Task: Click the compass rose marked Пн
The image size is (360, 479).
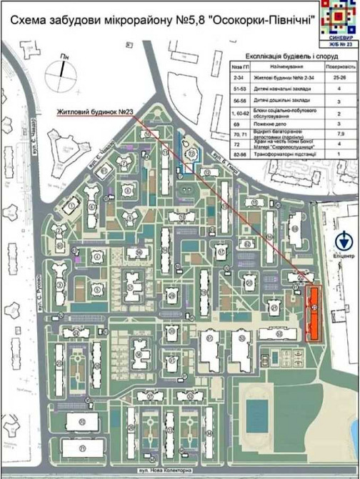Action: click(x=61, y=74)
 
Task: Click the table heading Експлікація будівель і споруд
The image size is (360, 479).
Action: click(x=289, y=54)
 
